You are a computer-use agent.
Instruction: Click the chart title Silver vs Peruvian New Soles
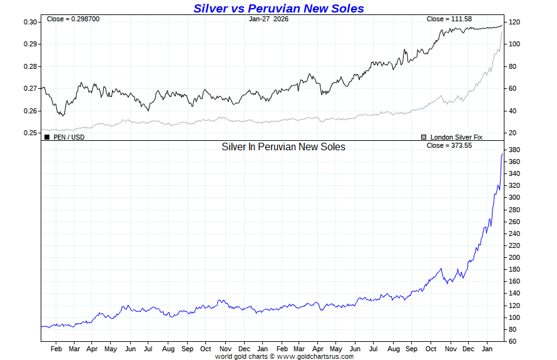278,8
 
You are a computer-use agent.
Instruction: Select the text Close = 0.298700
73,19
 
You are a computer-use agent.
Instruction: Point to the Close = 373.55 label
447,145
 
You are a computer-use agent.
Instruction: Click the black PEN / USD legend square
47,136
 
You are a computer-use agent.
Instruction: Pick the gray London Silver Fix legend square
424,136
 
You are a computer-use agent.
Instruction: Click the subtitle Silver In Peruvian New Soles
284,147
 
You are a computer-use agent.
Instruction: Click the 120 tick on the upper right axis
515,22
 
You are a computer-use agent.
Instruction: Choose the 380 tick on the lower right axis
515,150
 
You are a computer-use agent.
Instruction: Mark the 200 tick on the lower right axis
515,257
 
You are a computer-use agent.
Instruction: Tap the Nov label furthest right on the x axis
449,348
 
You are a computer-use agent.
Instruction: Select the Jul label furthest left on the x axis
148,348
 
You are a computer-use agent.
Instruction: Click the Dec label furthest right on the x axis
468,348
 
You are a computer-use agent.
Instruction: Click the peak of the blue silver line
502,153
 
